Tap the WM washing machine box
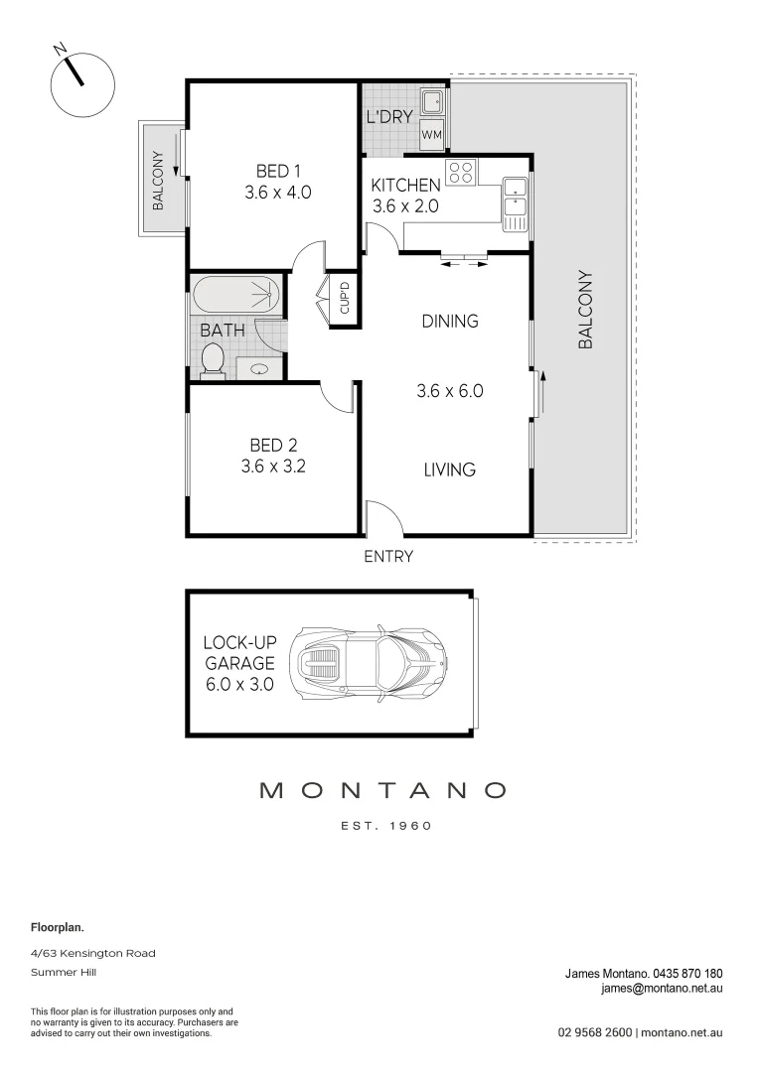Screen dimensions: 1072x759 [431, 133]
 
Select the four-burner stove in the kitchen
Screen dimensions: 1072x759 [460, 173]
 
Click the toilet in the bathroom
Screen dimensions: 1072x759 [212, 359]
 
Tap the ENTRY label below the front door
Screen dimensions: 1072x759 [387, 557]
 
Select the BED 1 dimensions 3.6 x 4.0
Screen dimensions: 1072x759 [277, 193]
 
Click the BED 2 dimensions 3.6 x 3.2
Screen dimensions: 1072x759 [273, 466]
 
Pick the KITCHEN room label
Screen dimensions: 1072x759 [405, 186]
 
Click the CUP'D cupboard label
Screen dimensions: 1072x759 [345, 299]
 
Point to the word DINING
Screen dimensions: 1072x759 [449, 321]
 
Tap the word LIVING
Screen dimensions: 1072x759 [449, 469]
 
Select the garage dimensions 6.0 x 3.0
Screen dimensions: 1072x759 [238, 684]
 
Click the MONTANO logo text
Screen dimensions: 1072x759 [382, 791]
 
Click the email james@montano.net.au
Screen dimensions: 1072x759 [661, 989]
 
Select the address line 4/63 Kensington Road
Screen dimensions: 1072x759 [92, 953]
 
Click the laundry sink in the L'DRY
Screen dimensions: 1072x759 [432, 101]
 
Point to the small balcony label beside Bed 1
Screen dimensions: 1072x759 [158, 180]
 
